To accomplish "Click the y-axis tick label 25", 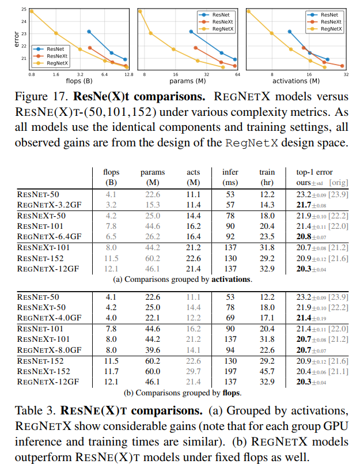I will click(x=24, y=10).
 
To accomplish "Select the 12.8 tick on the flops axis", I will click(x=128, y=74).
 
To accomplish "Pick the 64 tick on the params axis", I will click(x=237, y=74).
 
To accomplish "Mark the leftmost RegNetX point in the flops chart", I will click(x=32, y=11).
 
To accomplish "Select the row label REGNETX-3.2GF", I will click(x=50, y=205).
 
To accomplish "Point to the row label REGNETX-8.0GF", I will click(x=50, y=350).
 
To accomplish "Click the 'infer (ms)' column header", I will click(x=230, y=177).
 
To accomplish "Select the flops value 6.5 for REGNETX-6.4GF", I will click(x=111, y=236).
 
